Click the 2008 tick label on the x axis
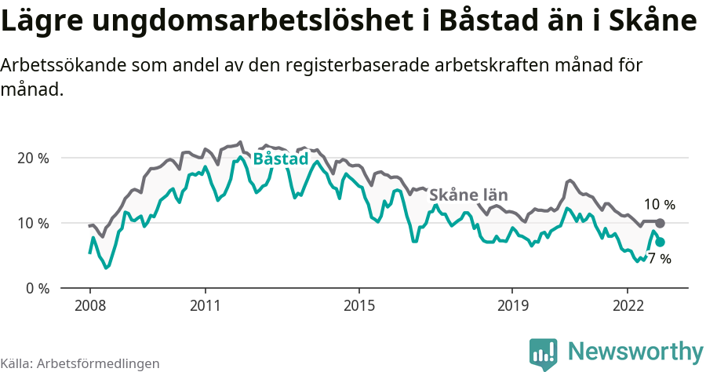pyautogui.click(x=89, y=305)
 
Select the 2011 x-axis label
pyautogui.click(x=205, y=305)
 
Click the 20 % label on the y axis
pyautogui.click(x=33, y=158)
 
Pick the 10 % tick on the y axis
pyautogui.click(x=33, y=223)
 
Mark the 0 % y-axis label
pyautogui.click(x=36, y=288)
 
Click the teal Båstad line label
pyautogui.click(x=280, y=159)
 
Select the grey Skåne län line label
pyautogui.click(x=469, y=195)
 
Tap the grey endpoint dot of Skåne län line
pyautogui.click(x=660, y=224)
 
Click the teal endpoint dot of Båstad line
pyautogui.click(x=660, y=243)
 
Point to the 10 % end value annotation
pyautogui.click(x=660, y=205)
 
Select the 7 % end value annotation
pyautogui.click(x=660, y=259)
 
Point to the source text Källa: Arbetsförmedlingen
pyautogui.click(x=80, y=363)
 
